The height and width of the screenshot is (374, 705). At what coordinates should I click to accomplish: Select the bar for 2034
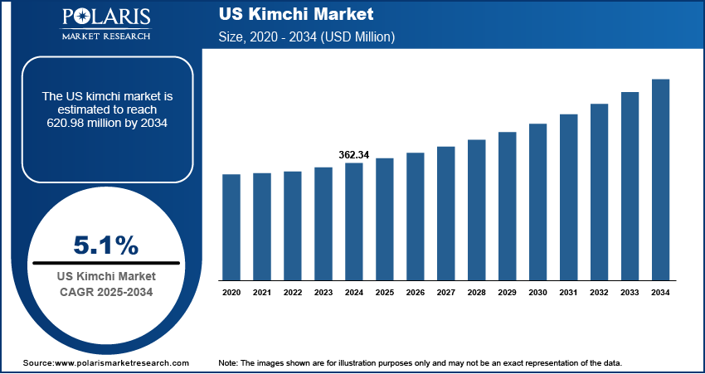click(x=660, y=179)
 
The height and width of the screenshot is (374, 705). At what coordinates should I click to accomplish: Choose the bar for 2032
click(x=599, y=192)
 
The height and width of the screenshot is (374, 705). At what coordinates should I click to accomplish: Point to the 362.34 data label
click(x=354, y=155)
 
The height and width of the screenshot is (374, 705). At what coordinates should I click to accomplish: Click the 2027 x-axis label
click(x=445, y=292)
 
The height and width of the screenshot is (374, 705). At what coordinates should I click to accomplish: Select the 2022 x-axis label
click(x=293, y=292)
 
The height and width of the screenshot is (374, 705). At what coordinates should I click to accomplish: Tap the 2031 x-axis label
click(x=568, y=292)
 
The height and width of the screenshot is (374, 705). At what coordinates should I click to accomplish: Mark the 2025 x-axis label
click(x=385, y=292)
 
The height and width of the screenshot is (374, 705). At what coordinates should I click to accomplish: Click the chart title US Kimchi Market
click(x=296, y=15)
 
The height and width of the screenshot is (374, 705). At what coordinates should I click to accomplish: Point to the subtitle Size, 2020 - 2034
click(x=306, y=37)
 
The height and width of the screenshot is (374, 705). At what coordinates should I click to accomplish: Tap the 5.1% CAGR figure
click(x=105, y=245)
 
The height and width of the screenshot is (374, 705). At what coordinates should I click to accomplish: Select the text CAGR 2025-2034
click(x=105, y=291)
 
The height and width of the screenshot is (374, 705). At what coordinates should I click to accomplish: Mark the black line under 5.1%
click(x=105, y=263)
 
